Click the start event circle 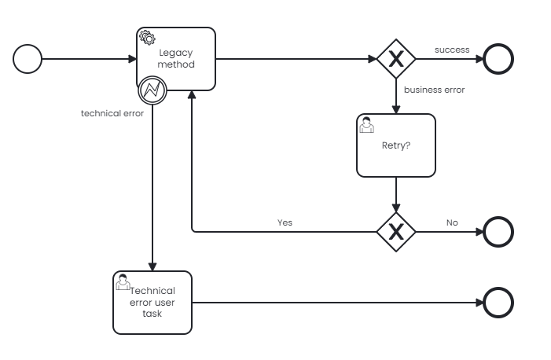tap(28, 59)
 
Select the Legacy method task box tap(176, 59)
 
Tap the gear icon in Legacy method tap(146, 37)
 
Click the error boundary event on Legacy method tap(152, 90)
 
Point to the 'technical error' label tap(112, 113)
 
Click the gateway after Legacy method tap(395, 59)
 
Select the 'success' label tap(452, 50)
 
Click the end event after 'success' tap(498, 59)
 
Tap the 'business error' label tap(434, 90)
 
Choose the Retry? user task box tap(395, 145)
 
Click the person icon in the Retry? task tap(366, 124)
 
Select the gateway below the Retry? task tap(395, 231)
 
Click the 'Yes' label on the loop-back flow tap(285, 222)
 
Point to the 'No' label tap(452, 222)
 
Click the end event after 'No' tap(498, 231)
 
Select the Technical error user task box tap(152, 302)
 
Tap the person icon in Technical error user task tap(123, 281)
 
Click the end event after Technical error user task tap(498, 302)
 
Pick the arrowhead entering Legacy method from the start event tap(132, 59)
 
